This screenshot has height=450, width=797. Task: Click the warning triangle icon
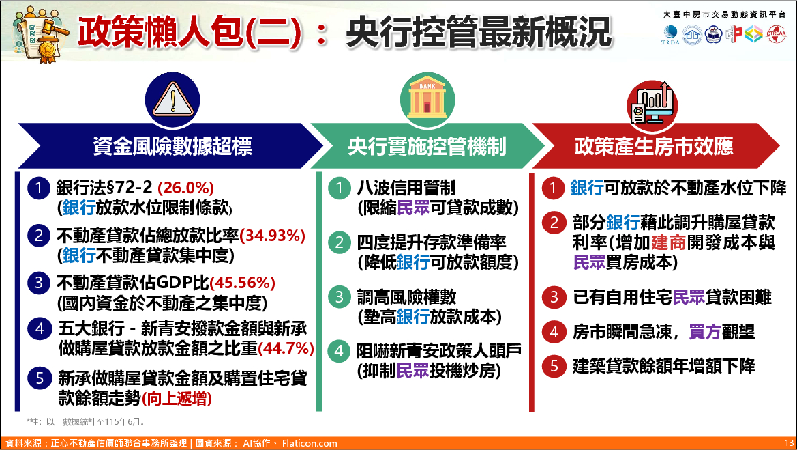[x=172, y=100]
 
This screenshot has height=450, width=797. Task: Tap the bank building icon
[x=427, y=100]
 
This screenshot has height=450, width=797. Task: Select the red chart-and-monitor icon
[x=652, y=105]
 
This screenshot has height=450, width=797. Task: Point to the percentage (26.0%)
[x=186, y=188]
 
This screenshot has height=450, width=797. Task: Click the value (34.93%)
[x=273, y=236]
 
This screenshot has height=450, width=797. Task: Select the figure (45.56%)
[x=242, y=283]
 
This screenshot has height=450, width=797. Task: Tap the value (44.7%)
[x=286, y=349]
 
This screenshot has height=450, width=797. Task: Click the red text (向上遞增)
[x=177, y=399]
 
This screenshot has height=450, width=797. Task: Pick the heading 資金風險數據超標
[x=172, y=147]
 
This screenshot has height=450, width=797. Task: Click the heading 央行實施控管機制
[x=427, y=147]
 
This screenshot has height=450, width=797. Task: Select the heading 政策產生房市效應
[x=654, y=147]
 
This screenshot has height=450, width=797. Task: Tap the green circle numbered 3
[x=339, y=297]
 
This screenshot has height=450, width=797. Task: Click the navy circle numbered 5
[x=39, y=379]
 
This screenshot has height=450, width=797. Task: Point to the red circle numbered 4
[x=554, y=332]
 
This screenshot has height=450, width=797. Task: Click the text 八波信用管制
[x=406, y=188]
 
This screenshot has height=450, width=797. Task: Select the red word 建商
[x=669, y=242]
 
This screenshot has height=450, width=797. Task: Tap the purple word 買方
[x=705, y=332]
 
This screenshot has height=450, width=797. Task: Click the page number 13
[x=789, y=443]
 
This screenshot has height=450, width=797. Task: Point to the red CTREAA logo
[x=776, y=34]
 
